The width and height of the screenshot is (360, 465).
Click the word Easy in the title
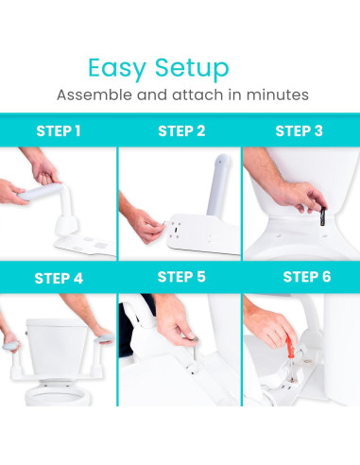117,68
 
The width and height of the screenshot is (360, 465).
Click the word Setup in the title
192,68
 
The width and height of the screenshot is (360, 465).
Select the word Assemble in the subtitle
94,95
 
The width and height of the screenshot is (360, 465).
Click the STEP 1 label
59,131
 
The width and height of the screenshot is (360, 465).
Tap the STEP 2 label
181,131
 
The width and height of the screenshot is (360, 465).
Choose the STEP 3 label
300,131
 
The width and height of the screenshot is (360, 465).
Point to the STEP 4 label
59,278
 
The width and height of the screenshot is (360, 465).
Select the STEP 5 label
181,277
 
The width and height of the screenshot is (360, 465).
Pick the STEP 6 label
307,277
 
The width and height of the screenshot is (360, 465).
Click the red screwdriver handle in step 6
290,347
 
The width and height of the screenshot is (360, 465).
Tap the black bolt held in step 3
322,216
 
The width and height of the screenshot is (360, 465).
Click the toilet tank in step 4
57,346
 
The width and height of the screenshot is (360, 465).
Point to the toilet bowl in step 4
57,394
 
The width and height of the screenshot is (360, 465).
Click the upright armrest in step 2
218,185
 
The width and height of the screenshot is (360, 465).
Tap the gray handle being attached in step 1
41,191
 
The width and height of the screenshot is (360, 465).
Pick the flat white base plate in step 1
85,246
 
